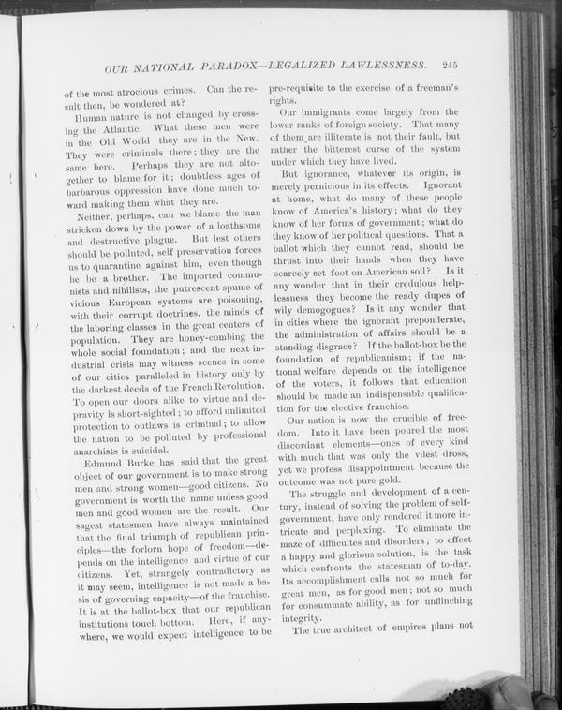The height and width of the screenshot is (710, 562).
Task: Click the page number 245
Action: click(x=445, y=66)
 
